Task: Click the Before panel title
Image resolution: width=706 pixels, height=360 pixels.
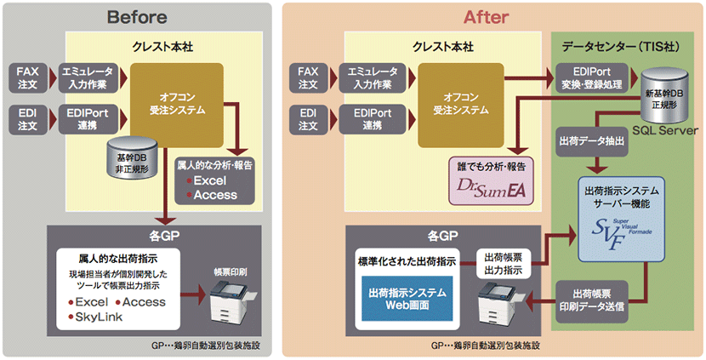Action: pos(137,17)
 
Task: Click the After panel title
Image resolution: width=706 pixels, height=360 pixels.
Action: pos(487,17)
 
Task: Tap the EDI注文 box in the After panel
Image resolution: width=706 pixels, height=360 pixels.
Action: pos(308,119)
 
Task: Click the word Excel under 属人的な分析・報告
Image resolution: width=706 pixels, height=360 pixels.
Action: pos(210,181)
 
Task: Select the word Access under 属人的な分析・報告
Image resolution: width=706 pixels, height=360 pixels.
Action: pos(215,195)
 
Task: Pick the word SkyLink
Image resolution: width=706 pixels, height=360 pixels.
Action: pos(99,317)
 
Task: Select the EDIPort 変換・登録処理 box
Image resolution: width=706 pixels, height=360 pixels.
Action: pos(592,77)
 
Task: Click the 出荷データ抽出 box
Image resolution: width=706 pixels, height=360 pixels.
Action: pos(591,142)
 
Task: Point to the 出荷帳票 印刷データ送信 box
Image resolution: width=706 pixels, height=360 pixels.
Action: pos(592,301)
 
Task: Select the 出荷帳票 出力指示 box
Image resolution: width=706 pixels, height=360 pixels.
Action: pos(503,264)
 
